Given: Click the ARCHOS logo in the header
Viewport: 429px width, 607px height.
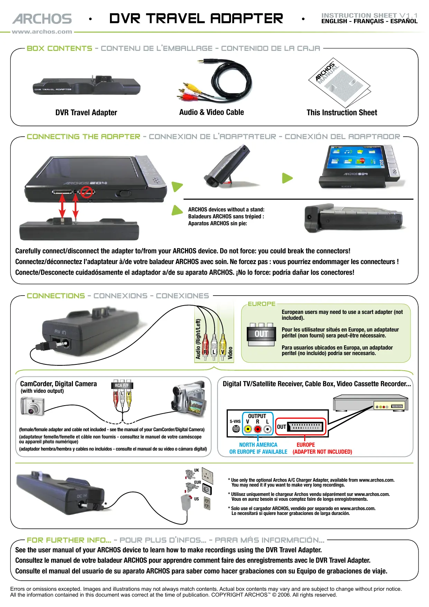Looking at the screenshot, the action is pyautogui.click(x=42, y=19).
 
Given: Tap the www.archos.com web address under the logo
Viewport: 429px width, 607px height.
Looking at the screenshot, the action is pyautogui.click(x=42, y=32).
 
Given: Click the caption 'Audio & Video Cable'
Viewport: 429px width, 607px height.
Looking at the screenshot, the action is pyautogui.click(x=212, y=112).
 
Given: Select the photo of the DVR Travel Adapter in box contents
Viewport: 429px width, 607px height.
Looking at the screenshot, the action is pyautogui.click(x=86, y=85).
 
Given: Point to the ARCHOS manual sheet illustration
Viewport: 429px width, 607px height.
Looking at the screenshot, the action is pyautogui.click(x=339, y=83).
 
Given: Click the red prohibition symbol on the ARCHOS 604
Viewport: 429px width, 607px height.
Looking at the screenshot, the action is pyautogui.click(x=86, y=191).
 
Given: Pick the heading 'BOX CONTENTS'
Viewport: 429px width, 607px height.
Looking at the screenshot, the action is pyautogui.click(x=59, y=48).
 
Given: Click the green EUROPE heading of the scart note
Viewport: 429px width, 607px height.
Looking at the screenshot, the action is pyautogui.click(x=262, y=304).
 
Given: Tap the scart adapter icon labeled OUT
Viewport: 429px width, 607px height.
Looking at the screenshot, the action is pyautogui.click(x=261, y=332).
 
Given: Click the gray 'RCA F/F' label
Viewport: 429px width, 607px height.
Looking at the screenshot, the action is pyautogui.click(x=122, y=385).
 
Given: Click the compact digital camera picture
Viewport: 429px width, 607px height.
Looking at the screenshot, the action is pyautogui.click(x=32, y=406).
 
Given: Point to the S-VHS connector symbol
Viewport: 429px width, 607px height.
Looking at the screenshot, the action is pyautogui.click(x=236, y=429).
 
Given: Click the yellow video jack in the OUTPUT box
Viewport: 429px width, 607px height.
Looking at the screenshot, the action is pyautogui.click(x=248, y=429).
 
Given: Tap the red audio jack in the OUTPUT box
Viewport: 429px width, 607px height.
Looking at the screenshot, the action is pyautogui.click(x=258, y=429).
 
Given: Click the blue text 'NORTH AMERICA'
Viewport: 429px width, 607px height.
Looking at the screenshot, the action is pyautogui.click(x=258, y=445).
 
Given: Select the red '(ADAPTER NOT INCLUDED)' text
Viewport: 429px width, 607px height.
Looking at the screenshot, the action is pyautogui.click(x=322, y=452).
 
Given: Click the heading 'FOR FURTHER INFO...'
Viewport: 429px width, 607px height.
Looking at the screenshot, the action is pyautogui.click(x=69, y=540).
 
